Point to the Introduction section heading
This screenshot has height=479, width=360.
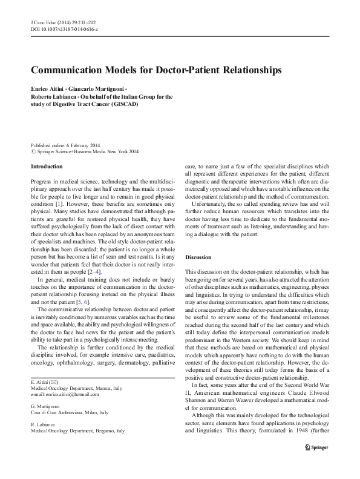[x=47, y=166]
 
